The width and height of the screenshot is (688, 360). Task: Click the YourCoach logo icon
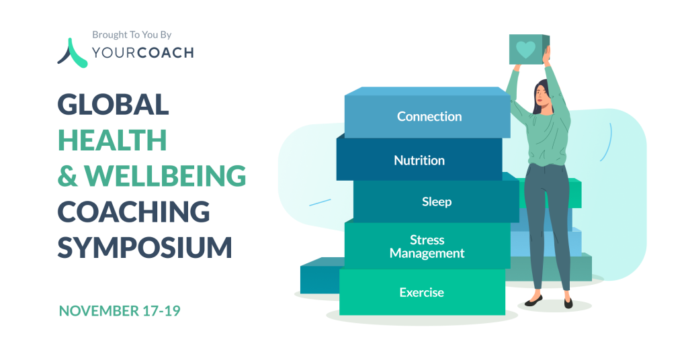pos(73,54)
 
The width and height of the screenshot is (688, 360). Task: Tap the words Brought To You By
pos(132,35)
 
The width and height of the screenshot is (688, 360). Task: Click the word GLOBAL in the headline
pos(113,104)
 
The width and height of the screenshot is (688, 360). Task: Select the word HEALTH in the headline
pos(112,140)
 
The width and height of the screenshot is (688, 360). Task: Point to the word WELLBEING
pos(165,176)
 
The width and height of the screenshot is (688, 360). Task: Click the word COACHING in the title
pos(134,212)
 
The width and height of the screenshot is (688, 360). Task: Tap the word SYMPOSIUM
pos(145,247)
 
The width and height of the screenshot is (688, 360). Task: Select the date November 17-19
pos(120,311)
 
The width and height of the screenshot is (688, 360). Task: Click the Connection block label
pos(429,116)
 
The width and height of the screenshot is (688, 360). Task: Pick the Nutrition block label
pos(419,161)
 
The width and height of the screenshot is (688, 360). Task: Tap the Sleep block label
pos(437,201)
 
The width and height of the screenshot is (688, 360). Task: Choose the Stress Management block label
pos(427,246)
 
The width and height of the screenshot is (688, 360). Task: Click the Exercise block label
pos(421,292)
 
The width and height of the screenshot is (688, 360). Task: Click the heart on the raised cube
pos(525,50)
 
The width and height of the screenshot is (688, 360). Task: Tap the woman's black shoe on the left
pos(533,301)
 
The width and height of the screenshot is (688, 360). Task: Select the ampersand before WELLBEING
pos(68,176)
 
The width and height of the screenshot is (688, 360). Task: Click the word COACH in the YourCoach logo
pos(165,53)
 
